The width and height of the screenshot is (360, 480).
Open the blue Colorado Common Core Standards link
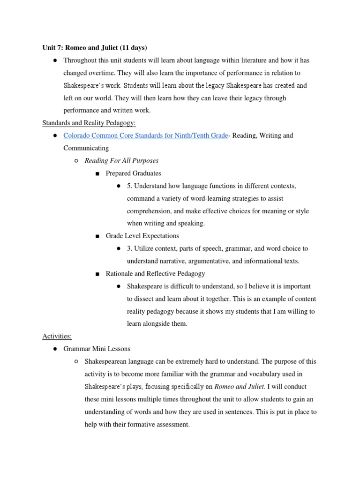coord(145,135)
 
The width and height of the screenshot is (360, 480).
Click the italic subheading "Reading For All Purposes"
coord(121,161)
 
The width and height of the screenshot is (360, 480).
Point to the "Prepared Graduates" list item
coord(133,173)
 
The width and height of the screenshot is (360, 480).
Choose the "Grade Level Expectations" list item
coord(142,236)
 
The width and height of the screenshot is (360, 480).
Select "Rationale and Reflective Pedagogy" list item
coord(155,273)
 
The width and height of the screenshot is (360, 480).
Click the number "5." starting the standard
coord(129,186)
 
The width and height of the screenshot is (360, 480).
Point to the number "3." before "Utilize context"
coord(129,248)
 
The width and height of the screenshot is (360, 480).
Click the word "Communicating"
coord(86,148)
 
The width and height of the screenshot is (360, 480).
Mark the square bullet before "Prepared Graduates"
coord(97,174)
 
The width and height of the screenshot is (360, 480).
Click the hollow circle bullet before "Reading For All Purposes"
coord(76,161)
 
